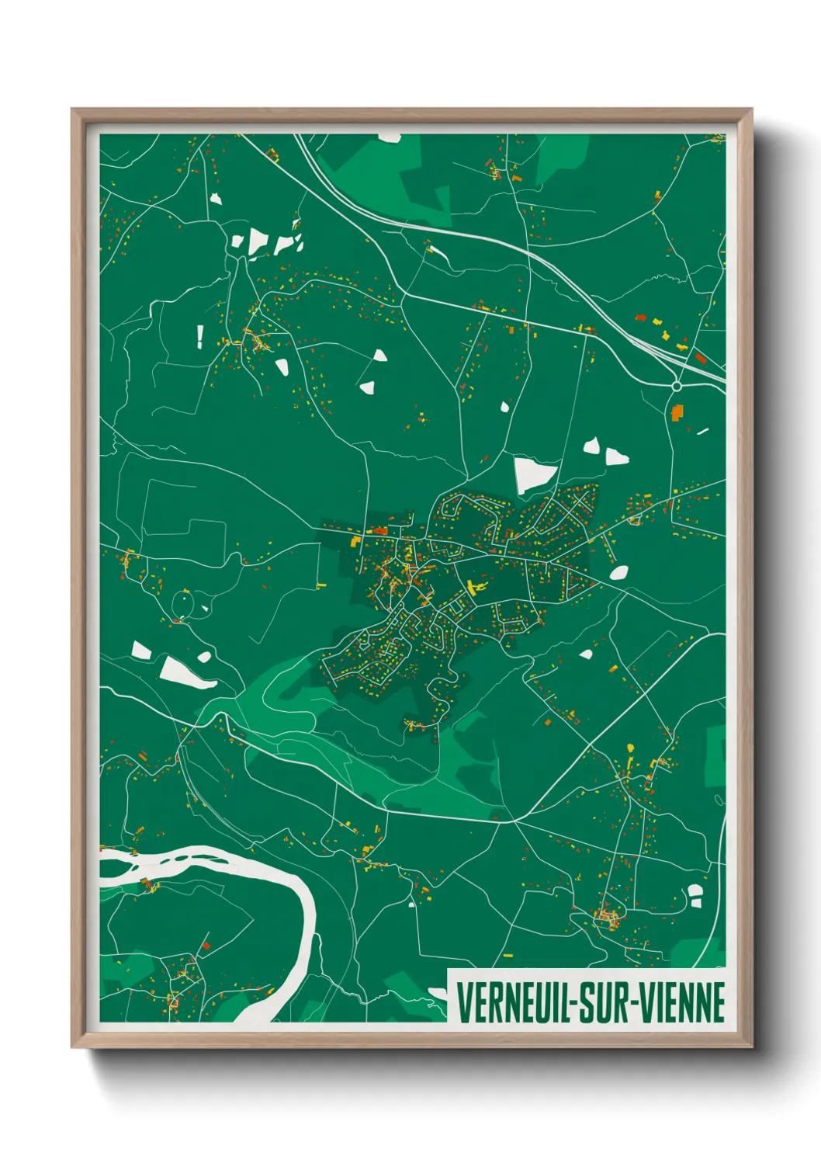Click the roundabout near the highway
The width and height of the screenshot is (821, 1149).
click(x=677, y=386)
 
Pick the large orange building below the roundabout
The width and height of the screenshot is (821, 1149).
click(x=677, y=411)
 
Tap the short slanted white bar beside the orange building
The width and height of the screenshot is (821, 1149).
click(x=702, y=431)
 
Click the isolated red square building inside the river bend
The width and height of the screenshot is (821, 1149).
click(x=206, y=946)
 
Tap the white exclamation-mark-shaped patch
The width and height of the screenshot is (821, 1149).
click(x=200, y=335)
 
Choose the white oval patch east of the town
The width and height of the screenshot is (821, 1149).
click(x=618, y=573)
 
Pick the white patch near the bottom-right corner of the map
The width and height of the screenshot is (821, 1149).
click(x=695, y=896)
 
